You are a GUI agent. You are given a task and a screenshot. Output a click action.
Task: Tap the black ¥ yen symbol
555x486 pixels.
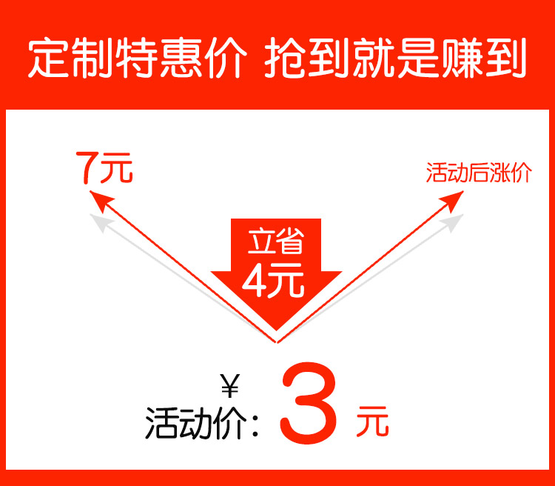pos(230,387)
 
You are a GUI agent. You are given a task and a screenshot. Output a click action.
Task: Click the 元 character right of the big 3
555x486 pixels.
pos(371,422)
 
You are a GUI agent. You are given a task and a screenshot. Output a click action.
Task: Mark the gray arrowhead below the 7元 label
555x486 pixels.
pos(98,220)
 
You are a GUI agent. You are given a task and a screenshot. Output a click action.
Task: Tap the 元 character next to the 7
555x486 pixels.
pos(118,169)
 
